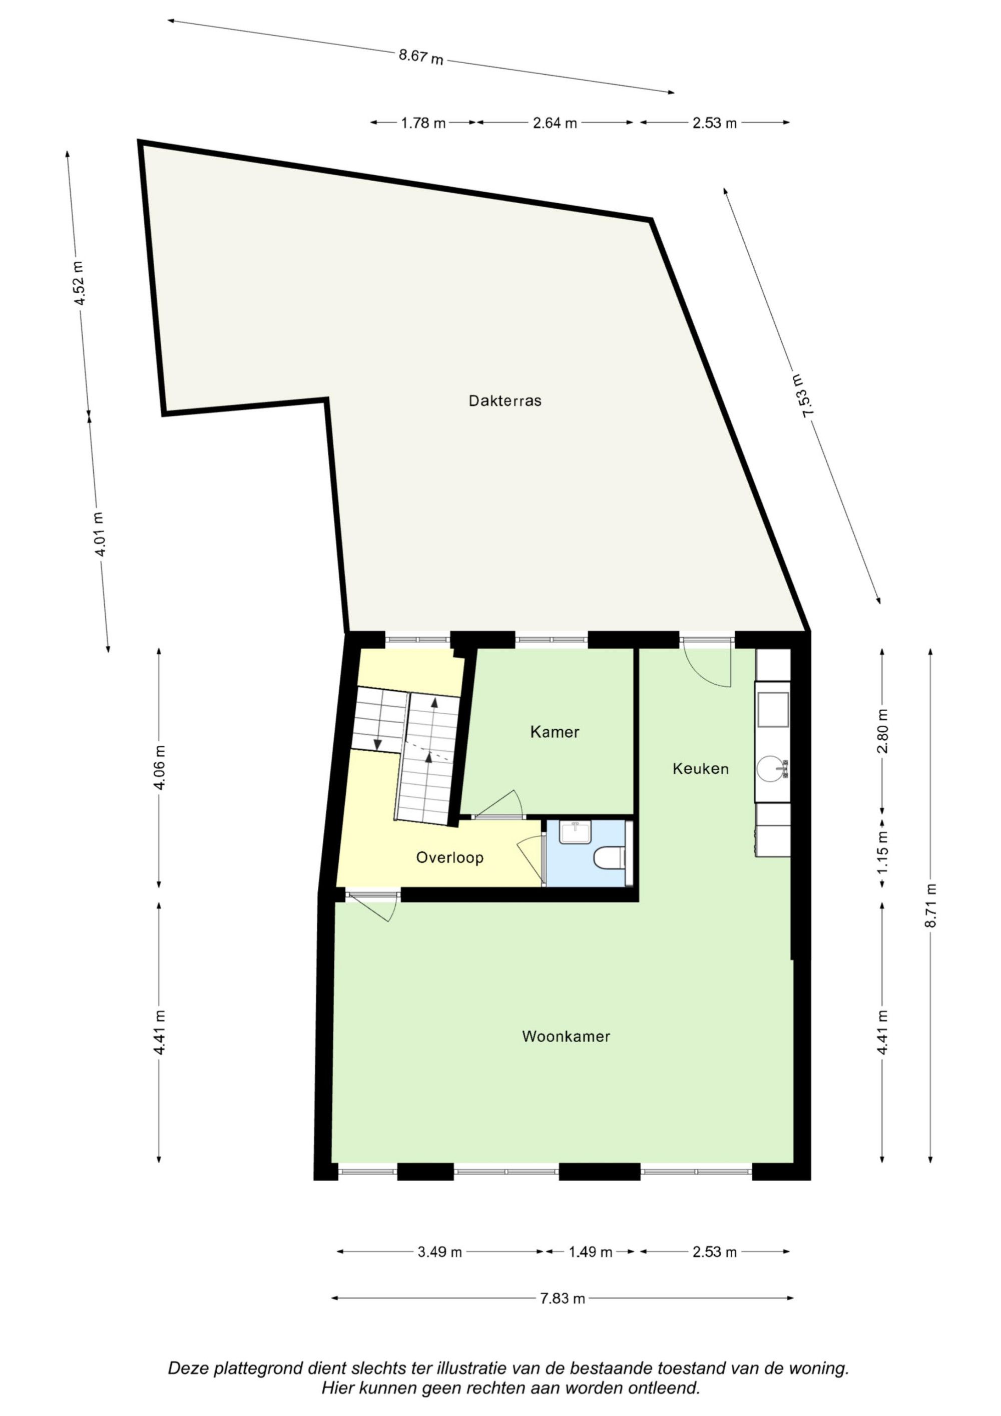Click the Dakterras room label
(505, 401)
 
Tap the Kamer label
(555, 732)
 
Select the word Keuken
(701, 768)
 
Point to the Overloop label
(449, 857)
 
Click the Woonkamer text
(566, 1036)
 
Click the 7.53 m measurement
(809, 396)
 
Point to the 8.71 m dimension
(931, 905)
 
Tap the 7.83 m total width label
(563, 1298)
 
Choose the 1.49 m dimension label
(590, 1252)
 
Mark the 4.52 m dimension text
(79, 284)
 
